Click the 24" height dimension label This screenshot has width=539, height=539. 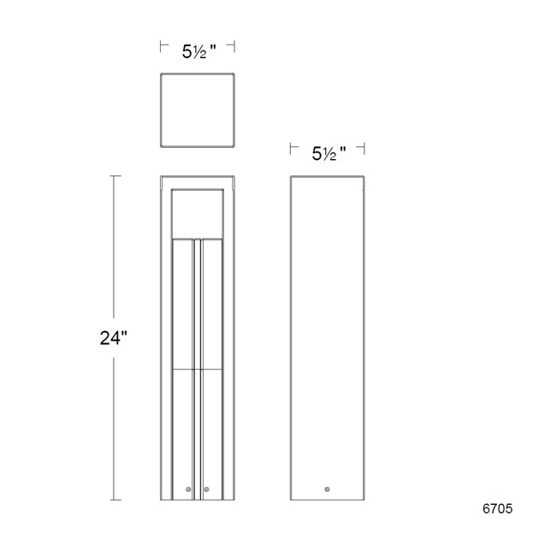pos(114,338)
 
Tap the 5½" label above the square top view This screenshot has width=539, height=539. pos(198,52)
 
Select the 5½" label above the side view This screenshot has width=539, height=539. pos(329,153)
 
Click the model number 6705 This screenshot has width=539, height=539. pos(497,509)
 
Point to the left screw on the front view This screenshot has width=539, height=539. pos(188,489)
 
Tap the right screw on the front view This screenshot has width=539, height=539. pos(206,489)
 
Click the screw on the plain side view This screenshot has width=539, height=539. pos(327,489)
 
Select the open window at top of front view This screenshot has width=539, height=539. pos(198,214)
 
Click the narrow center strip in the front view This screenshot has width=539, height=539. pos(198,369)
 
